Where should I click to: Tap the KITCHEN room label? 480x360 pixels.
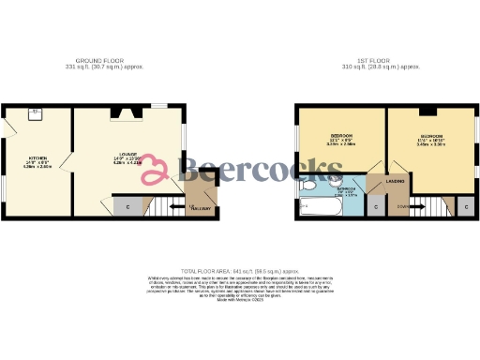coord(37,157)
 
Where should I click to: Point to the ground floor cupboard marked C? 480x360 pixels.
coord(126,204)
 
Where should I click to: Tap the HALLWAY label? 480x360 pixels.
coord(202,208)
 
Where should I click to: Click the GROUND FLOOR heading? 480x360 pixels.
coord(104,59)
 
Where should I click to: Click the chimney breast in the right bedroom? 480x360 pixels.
coord(427,111)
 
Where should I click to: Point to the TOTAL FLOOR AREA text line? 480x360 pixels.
coord(239,269)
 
